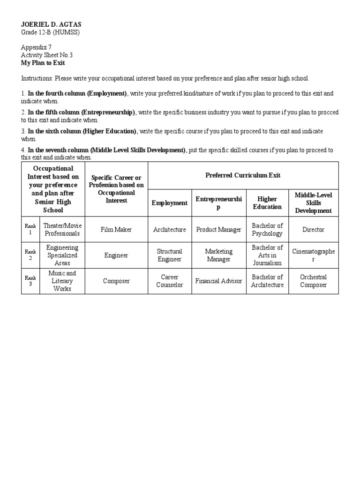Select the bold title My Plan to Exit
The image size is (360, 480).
coord(43,63)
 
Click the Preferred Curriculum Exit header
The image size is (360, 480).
coord(243,175)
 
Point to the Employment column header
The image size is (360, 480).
coord(170,203)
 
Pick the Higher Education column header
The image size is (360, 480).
coord(267,203)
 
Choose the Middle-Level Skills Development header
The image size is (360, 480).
coord(313,203)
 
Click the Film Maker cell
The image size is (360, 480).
coord(116,230)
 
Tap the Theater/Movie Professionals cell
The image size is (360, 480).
coord(62,230)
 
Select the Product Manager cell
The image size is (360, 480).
coord(218,230)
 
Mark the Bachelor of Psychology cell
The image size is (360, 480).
coord(267,230)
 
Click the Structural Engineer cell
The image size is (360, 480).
coord(170,255)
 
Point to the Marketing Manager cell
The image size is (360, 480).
coord(218,255)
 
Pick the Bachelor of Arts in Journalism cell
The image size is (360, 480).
coord(267,255)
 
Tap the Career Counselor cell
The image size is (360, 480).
coord(170,281)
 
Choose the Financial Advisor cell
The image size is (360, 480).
coord(218,281)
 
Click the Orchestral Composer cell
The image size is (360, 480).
coord(313,281)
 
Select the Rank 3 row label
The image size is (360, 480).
coord(30,281)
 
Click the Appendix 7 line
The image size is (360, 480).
coord(36,47)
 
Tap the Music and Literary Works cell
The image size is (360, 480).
coord(62,281)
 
